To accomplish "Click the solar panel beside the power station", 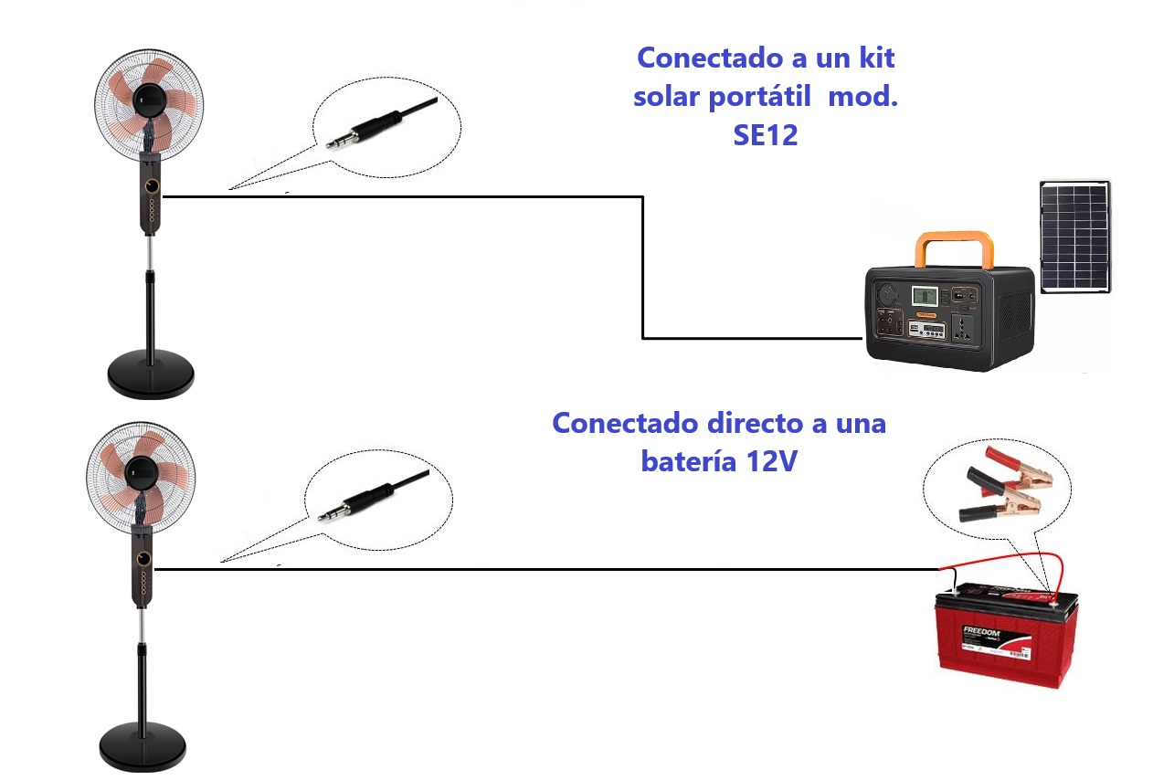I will pos(1075,236).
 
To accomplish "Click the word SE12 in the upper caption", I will pos(765,135).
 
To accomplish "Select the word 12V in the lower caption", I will pos(765,461).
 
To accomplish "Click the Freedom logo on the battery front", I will pos(982,633).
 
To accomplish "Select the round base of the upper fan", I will pos(151,374).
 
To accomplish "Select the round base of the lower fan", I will pos(143,746).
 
